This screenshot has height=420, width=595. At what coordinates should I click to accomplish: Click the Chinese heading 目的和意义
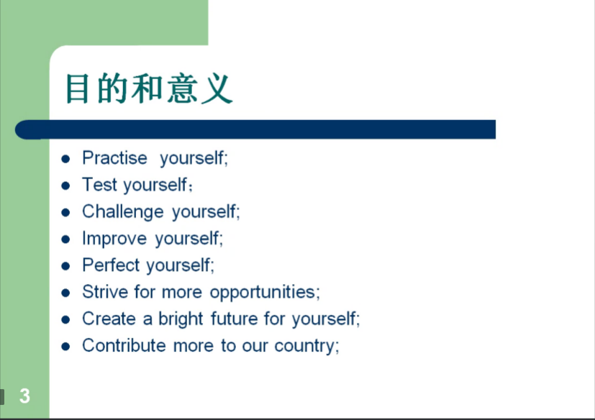pyautogui.click(x=149, y=88)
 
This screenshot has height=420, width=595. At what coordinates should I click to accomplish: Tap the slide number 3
pyautogui.click(x=24, y=396)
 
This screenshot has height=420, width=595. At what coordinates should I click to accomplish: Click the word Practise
pyautogui.click(x=114, y=157)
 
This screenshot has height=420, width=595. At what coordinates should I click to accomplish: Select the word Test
pyautogui.click(x=99, y=185)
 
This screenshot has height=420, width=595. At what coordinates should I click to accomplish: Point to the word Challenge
pyautogui.click(x=123, y=211)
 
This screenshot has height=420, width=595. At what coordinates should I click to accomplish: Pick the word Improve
pyautogui.click(x=114, y=239)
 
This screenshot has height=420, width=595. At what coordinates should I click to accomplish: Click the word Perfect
pyautogui.click(x=112, y=265)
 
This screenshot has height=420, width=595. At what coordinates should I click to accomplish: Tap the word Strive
pyautogui.click(x=105, y=292)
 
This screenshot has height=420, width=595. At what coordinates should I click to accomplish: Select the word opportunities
pyautogui.click(x=263, y=293)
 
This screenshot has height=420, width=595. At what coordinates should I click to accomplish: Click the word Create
pyautogui.click(x=109, y=319)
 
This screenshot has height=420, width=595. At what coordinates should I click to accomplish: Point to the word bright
pyautogui.click(x=181, y=319)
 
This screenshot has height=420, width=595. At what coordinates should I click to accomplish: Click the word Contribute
pyautogui.click(x=124, y=346)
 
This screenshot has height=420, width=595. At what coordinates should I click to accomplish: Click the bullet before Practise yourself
pyautogui.click(x=65, y=159)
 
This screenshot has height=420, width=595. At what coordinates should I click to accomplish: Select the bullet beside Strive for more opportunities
pyautogui.click(x=65, y=293)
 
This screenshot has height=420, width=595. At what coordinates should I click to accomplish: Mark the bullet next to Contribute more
pyautogui.click(x=65, y=347)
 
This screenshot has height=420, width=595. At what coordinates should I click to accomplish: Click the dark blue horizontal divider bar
pyautogui.click(x=255, y=129)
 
